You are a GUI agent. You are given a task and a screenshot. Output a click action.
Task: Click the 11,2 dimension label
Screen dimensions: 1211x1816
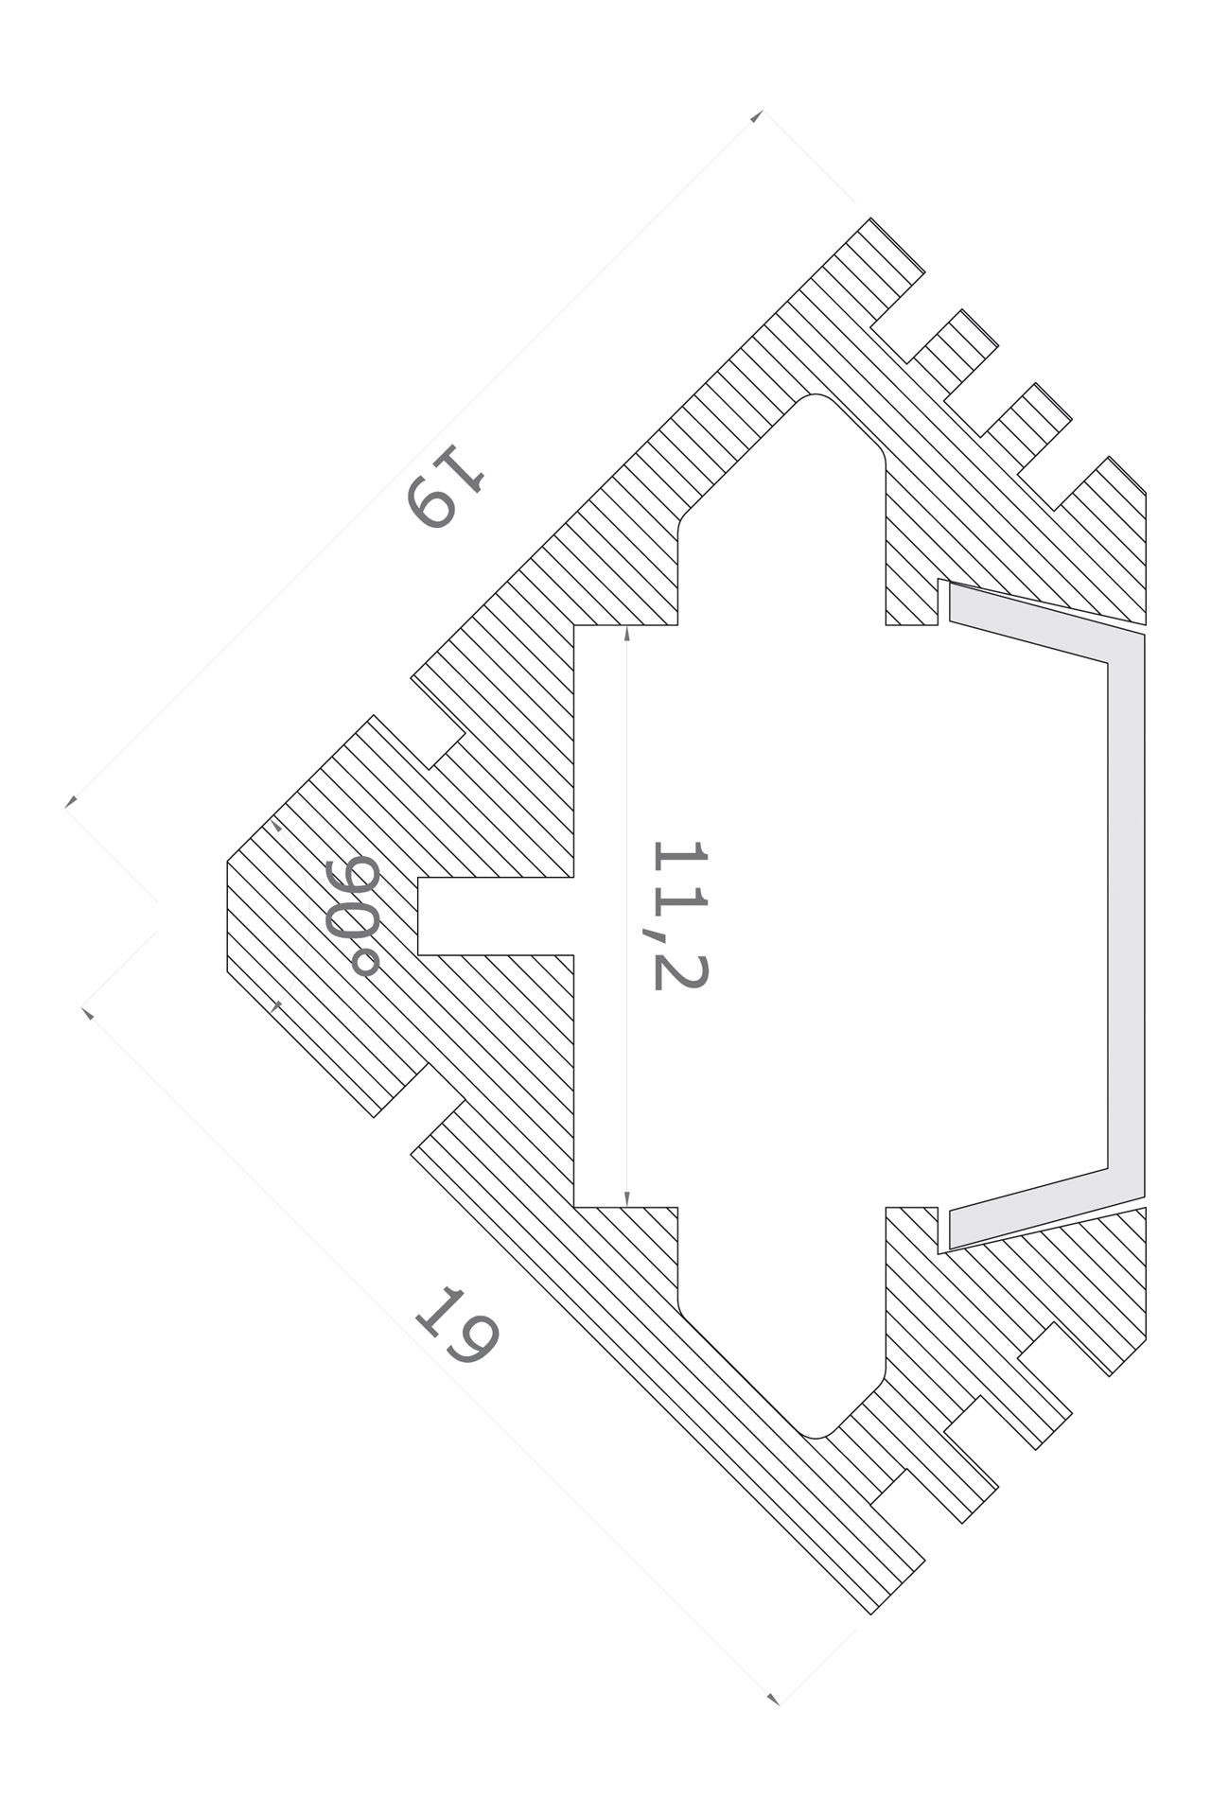679,915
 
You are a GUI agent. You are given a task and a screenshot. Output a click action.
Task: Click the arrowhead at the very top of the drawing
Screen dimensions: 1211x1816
757,116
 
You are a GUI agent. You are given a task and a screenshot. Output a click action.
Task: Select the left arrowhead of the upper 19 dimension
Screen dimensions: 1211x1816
70,802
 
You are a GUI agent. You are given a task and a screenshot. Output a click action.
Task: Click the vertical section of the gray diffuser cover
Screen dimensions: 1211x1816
1126,915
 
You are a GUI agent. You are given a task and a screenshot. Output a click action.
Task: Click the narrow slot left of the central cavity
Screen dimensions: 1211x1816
495,916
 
